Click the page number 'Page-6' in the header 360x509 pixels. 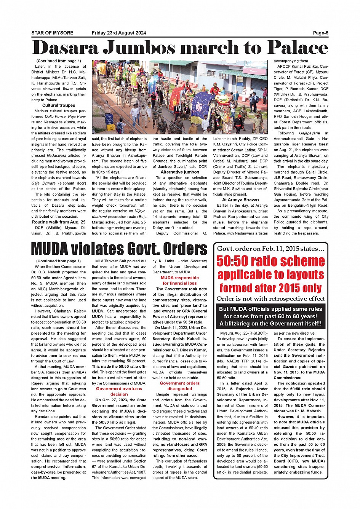click(x=320, y=33)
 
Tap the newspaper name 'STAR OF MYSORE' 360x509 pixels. click(x=52, y=33)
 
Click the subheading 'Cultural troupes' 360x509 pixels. click(x=59, y=105)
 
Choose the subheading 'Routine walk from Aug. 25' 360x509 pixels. click(x=59, y=222)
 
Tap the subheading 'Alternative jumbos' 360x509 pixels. click(x=180, y=172)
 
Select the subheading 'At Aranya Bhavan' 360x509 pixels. click(x=240, y=199)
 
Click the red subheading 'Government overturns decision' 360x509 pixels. click(x=119, y=391)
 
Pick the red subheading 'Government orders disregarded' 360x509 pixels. click(x=180, y=386)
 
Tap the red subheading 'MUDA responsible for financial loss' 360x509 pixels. click(x=180, y=280)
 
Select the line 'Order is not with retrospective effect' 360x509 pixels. click(x=270, y=298)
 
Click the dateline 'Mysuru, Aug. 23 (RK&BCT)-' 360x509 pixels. click(x=241, y=333)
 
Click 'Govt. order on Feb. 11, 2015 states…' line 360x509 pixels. click(x=270, y=249)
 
